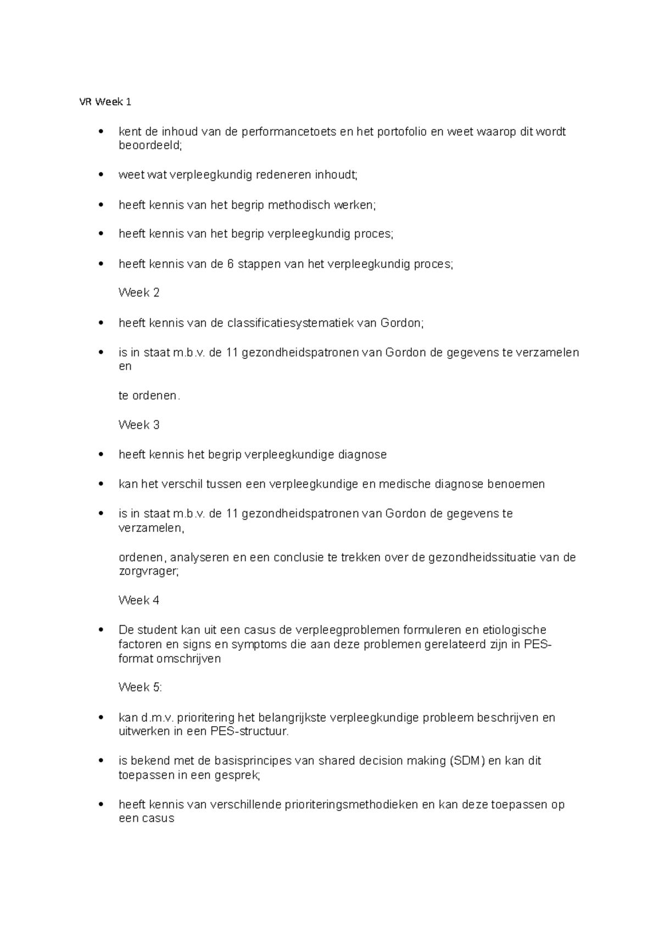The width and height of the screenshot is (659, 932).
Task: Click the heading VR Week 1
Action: [x=104, y=102]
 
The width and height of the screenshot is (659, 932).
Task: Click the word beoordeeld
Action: [x=149, y=145]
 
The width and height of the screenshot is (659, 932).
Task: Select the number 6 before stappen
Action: [x=230, y=264]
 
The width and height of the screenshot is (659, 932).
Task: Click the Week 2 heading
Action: [x=139, y=293]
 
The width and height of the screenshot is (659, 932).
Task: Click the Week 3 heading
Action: [x=139, y=425]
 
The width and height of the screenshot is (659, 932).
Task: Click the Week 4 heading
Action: [x=139, y=600]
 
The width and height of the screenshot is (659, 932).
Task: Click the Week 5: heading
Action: [x=141, y=688]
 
